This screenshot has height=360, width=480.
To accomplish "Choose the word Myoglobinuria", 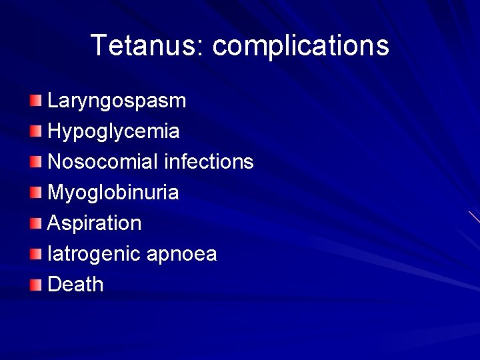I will tap(113, 193).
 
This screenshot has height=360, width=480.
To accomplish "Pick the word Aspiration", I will tap(95, 223).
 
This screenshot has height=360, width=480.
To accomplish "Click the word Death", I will tap(75, 285).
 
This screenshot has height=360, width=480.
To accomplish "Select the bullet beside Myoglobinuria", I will tap(35, 193).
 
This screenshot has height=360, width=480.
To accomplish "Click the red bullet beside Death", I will tap(35, 285).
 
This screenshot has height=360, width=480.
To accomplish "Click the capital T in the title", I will tap(99, 45).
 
